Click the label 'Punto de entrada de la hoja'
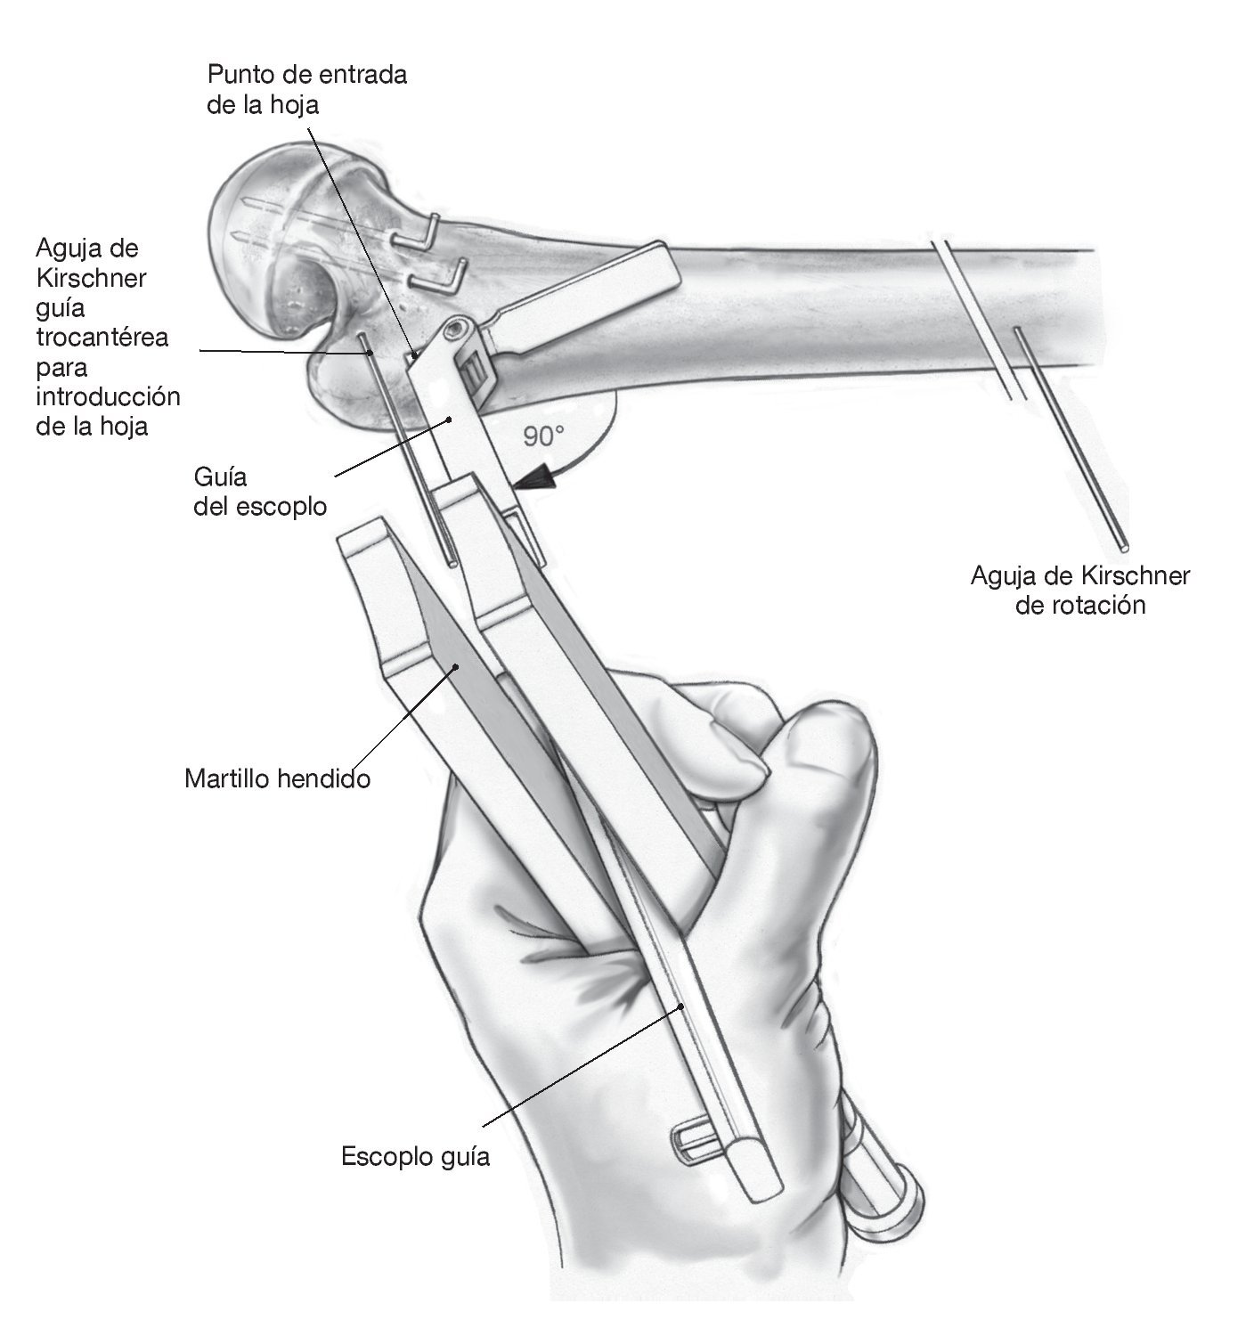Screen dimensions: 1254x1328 point(306,89)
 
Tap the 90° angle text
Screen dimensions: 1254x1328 point(544,436)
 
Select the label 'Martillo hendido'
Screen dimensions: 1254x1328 point(277,778)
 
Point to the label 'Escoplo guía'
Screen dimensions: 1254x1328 point(415,1157)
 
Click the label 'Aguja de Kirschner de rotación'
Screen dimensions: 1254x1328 point(1079,590)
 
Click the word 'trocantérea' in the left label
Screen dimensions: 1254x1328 point(103,338)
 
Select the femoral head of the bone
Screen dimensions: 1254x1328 point(267,240)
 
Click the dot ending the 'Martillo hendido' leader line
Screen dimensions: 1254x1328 point(456,665)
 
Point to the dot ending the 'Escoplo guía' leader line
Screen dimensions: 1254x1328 point(681,1006)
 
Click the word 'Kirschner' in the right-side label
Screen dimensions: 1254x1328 point(1140,575)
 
